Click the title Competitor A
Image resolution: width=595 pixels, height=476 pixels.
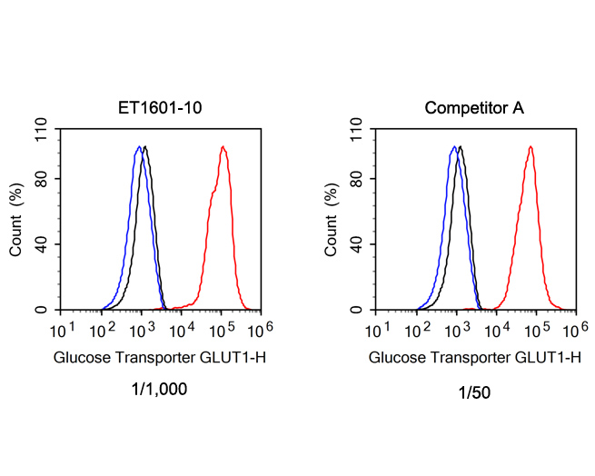point(474,109)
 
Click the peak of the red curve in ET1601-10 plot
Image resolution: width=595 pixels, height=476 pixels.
point(222,147)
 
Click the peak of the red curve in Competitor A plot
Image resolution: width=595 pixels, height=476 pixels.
point(530,147)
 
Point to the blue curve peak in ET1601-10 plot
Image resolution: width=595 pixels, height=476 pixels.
point(139,147)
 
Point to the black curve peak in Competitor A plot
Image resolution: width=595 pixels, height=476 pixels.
point(461,147)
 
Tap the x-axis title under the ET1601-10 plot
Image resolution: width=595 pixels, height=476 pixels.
point(160,358)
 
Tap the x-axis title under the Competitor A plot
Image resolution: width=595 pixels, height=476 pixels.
point(474,358)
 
